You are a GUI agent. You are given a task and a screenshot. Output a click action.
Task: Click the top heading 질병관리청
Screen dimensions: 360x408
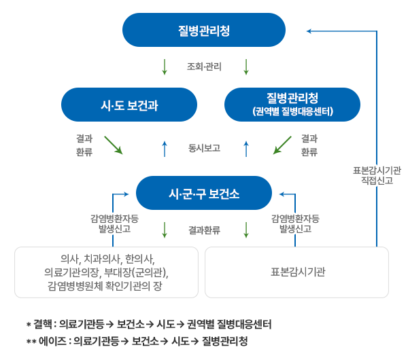pos(204,31)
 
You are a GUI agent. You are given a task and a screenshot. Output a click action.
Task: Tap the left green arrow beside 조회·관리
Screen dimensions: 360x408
pos(165,67)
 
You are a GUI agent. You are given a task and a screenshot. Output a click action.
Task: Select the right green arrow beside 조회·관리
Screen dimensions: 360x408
pos(246,67)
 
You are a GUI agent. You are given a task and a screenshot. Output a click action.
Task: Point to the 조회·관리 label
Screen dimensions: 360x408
pos(204,67)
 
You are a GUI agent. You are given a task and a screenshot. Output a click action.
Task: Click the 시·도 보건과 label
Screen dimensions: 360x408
pos(129,106)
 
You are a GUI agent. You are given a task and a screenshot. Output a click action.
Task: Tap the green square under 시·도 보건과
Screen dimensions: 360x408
pos(113,146)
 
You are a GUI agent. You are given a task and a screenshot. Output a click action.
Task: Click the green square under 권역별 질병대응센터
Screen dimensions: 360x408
pos(282,146)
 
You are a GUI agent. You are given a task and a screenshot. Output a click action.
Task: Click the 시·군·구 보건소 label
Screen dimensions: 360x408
pos(204,194)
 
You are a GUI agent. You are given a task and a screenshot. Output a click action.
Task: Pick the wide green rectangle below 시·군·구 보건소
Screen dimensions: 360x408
pos(205,224)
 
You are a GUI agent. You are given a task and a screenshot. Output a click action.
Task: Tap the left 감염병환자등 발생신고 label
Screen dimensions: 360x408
pos(114,224)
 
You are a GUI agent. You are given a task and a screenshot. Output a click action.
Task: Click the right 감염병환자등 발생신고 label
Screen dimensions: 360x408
pos(296,224)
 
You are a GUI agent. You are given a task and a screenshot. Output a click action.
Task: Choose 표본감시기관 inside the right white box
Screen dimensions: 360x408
pos(298,272)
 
